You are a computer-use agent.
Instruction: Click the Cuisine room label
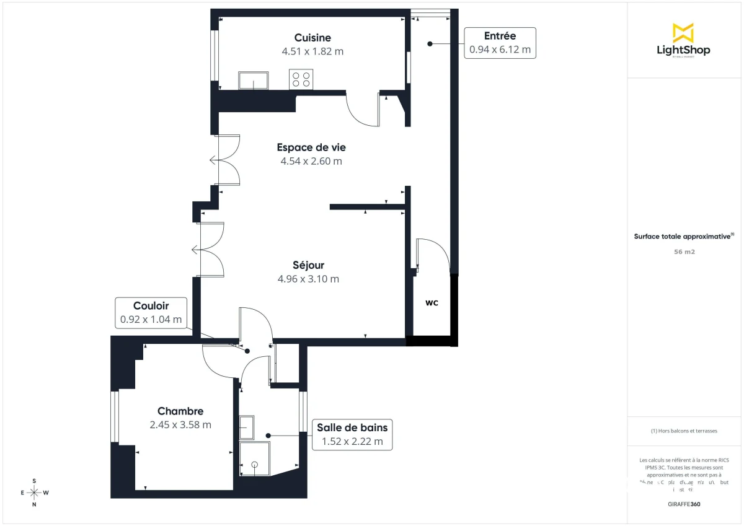(x=312, y=38)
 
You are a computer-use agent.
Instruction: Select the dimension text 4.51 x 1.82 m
(x=312, y=51)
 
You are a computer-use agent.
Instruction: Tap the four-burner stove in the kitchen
(x=301, y=79)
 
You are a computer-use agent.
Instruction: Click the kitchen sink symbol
(x=254, y=81)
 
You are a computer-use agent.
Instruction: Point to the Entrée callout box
(x=500, y=43)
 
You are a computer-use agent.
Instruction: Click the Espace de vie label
(x=311, y=147)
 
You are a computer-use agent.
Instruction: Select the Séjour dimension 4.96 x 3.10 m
(x=309, y=279)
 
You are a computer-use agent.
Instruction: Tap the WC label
(x=432, y=304)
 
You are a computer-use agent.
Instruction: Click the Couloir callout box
(x=151, y=312)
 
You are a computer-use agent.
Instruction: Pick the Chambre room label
(x=180, y=411)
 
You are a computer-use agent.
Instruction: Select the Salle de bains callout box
(x=352, y=434)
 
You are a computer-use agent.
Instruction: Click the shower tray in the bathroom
(x=255, y=458)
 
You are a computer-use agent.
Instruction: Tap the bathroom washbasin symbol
(x=247, y=427)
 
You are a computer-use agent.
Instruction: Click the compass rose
(x=35, y=493)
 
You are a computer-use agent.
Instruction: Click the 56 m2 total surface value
(x=684, y=252)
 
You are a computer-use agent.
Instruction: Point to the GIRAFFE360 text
(x=684, y=504)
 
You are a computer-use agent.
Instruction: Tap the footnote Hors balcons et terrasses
(x=684, y=431)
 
